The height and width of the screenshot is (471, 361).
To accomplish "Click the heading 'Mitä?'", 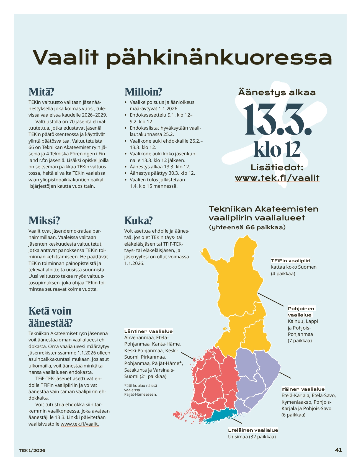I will tap(41, 92).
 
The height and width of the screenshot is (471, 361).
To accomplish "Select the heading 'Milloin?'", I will tap(143, 92).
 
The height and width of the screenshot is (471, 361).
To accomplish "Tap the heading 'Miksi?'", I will tap(44, 220).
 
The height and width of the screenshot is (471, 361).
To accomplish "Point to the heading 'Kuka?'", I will tap(138, 220).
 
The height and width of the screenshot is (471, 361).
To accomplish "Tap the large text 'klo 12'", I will tap(277, 149).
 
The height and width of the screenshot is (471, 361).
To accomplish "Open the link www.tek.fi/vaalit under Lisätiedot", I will tap(277, 178).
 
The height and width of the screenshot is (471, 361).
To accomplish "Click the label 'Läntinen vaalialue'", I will tap(148, 331).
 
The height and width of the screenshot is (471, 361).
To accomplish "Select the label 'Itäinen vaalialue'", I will tap(303, 389).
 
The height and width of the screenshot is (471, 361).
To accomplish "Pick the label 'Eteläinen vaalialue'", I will tap(253, 430).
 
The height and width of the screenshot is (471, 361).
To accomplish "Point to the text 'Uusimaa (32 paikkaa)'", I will tap(252, 437).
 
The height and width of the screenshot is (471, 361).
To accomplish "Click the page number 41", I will tap(338, 450).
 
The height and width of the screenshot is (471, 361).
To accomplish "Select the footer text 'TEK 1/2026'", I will tap(32, 451).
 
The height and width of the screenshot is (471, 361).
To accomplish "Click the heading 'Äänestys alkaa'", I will tap(277, 92).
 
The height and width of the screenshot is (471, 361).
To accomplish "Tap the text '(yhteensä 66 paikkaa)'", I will tap(247, 227).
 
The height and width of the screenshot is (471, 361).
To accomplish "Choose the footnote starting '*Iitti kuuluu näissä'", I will tap(141, 390).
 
